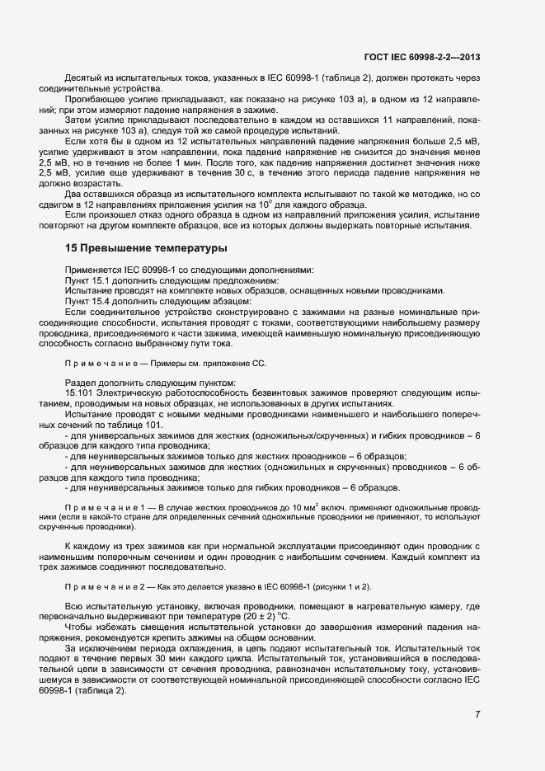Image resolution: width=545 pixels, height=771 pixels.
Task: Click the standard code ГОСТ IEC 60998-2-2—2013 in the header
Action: [x=421, y=57]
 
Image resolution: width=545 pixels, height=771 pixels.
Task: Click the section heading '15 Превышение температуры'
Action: [x=146, y=247]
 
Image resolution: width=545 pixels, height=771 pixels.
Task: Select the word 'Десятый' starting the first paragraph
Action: [x=82, y=76]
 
